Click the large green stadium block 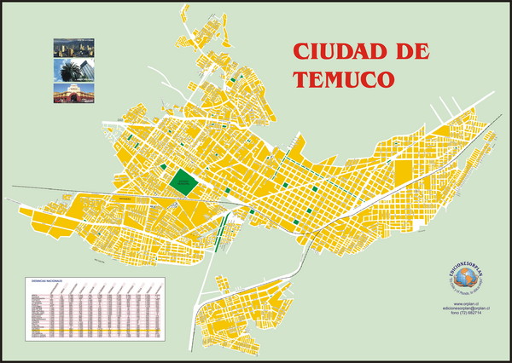(183, 181)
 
